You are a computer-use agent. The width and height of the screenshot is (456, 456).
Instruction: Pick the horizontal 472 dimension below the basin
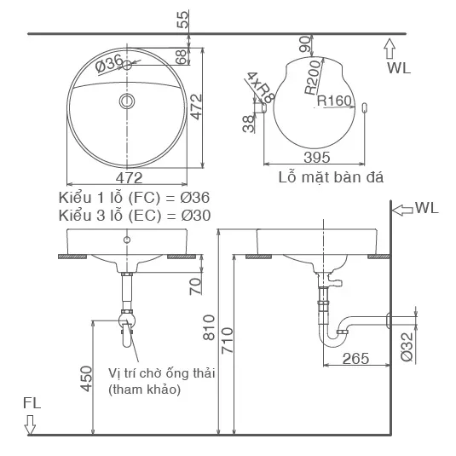coord(128,178)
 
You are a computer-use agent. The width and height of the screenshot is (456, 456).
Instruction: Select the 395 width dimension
coord(317,158)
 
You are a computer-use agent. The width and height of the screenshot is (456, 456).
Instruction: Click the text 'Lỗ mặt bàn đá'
coord(331,178)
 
